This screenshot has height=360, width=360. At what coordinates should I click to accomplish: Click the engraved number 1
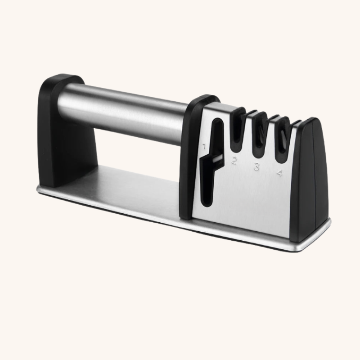pos(204,146)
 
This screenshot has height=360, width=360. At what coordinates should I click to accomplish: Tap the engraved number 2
pos(234,161)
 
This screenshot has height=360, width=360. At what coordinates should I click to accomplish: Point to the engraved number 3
pos(256,167)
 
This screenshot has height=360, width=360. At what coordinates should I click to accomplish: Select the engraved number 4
pos(279,173)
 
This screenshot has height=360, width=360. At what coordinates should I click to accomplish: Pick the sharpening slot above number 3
pos(260,135)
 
